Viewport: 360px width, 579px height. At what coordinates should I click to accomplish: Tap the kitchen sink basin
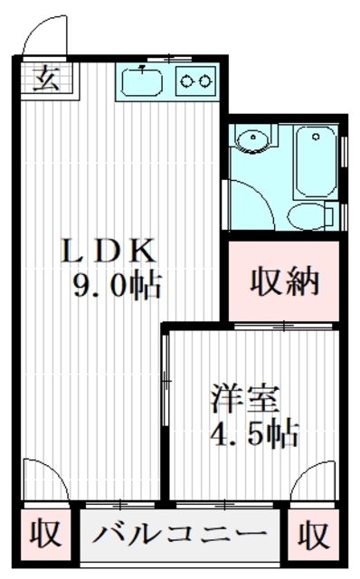point(141,83)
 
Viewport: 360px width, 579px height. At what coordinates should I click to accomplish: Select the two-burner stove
point(195,81)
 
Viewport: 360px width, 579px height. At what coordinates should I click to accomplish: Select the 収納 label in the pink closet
point(283,282)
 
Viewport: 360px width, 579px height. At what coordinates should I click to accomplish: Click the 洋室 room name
point(247,399)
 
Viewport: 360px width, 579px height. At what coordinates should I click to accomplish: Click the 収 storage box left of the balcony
point(44,535)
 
